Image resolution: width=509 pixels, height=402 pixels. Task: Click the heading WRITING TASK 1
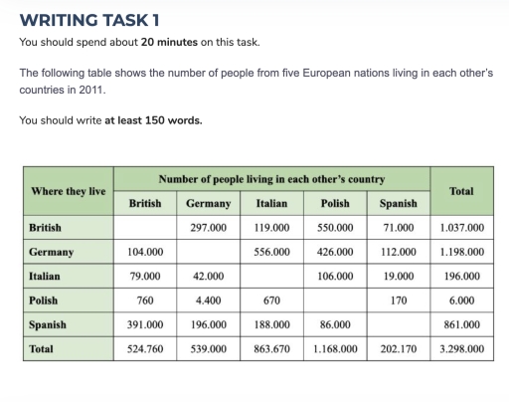pyautogui.click(x=88, y=20)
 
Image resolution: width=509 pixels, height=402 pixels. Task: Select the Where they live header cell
pyautogui.click(x=68, y=190)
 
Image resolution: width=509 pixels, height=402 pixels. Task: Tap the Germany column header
pyautogui.click(x=208, y=203)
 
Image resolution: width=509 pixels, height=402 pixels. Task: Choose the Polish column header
pyautogui.click(x=335, y=203)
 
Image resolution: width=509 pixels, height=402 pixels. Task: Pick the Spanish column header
pyautogui.click(x=398, y=203)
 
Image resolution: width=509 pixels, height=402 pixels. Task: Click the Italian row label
pyautogui.click(x=46, y=276)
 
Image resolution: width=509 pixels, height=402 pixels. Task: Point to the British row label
pyautogui.click(x=46, y=227)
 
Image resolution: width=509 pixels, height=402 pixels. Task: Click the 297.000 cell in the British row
pyautogui.click(x=208, y=227)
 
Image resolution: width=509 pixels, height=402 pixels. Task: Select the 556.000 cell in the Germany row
pyautogui.click(x=271, y=252)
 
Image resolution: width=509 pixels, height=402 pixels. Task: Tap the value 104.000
pyautogui.click(x=145, y=252)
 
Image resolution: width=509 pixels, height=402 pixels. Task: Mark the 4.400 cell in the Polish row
pyautogui.click(x=208, y=301)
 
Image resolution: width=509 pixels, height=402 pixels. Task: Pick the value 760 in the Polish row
pyautogui.click(x=145, y=301)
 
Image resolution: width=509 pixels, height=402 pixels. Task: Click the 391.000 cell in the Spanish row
pyautogui.click(x=145, y=324)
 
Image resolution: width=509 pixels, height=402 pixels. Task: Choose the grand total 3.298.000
pyautogui.click(x=461, y=349)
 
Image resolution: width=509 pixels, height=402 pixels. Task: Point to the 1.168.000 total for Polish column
pyautogui.click(x=335, y=349)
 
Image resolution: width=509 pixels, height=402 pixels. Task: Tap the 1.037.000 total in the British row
pyautogui.click(x=461, y=227)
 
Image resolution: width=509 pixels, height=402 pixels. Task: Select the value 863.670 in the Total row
pyautogui.click(x=271, y=349)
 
